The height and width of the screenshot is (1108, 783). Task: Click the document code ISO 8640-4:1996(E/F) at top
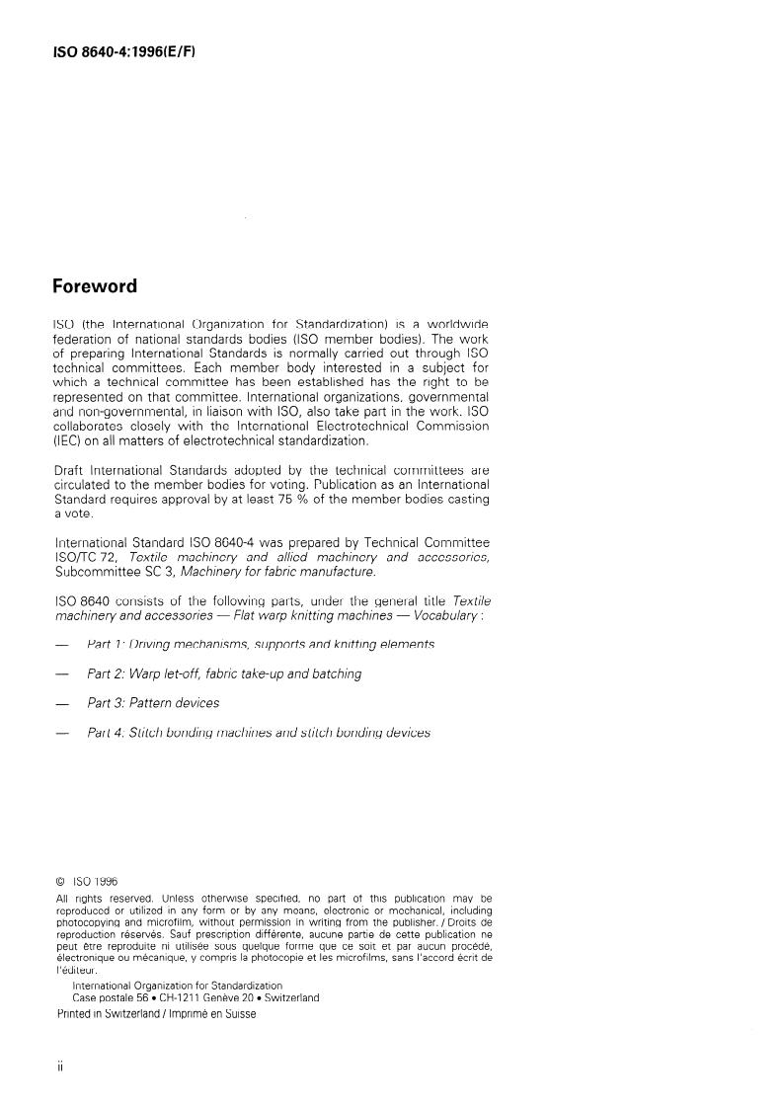point(123,49)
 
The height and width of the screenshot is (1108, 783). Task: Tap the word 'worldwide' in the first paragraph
point(454,324)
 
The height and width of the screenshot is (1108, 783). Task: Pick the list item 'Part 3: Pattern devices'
point(152,703)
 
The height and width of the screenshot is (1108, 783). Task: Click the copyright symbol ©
point(60,882)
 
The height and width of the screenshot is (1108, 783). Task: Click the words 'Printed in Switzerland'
point(103,1014)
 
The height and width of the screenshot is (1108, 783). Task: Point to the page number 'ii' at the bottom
point(60,1068)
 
